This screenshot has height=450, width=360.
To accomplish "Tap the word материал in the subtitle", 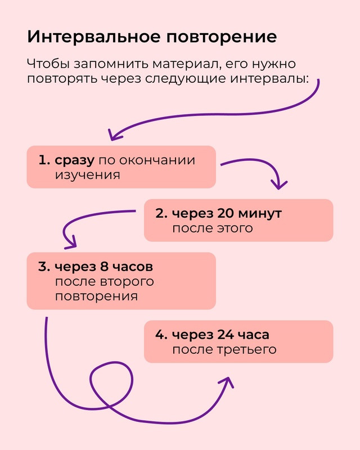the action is [x=186, y=64].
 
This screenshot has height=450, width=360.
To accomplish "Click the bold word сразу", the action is [x=74, y=160].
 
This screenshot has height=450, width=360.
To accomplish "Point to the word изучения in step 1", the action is [x=88, y=175].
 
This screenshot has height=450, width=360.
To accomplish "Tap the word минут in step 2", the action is [x=260, y=214].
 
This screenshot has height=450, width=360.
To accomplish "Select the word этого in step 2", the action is [x=235, y=228].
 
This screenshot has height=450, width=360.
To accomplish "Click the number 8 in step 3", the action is [x=104, y=267].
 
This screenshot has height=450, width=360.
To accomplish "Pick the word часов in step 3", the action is [x=132, y=267].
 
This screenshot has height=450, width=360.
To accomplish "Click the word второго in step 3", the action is [x=127, y=282].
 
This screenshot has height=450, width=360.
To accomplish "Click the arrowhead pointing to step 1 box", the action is [x=114, y=135].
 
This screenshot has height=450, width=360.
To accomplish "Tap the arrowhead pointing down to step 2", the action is [x=278, y=185].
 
